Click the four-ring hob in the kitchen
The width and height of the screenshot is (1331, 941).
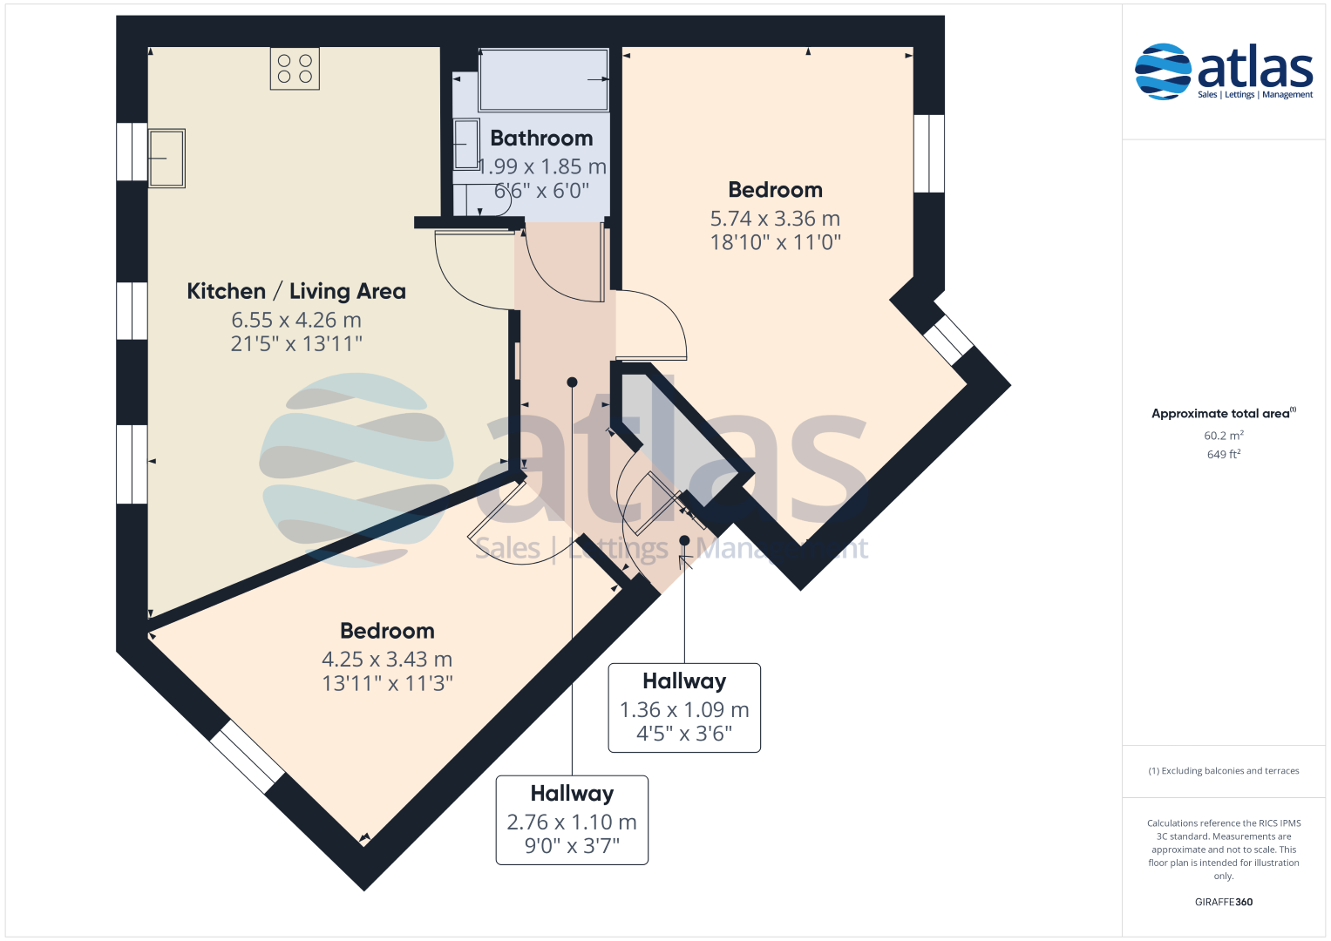coord(295,69)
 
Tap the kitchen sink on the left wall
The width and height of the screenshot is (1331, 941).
coord(166,158)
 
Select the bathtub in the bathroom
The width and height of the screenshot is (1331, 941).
coord(544,79)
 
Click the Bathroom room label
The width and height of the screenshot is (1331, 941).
coord(541,139)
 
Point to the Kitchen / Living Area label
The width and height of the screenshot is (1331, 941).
coord(296,291)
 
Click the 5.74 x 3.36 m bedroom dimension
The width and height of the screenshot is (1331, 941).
coord(776,219)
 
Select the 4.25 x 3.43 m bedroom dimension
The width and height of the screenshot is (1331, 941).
coord(387,660)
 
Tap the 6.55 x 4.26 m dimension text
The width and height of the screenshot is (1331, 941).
coord(296,321)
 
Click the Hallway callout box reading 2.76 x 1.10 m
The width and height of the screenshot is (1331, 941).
coord(572,820)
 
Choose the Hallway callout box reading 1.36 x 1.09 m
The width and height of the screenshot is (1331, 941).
coord(684,707)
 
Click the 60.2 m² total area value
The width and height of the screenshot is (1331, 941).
coord(1224,436)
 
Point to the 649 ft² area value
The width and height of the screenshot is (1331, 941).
coord(1224,455)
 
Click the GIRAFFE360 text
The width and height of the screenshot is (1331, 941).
coord(1224,902)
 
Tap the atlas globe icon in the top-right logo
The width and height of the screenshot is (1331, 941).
coord(1163,71)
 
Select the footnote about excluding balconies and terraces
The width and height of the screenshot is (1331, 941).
coord(1224,770)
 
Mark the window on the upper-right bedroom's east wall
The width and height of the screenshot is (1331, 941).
coord(928,153)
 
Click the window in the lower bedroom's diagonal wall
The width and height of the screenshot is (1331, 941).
coord(248,757)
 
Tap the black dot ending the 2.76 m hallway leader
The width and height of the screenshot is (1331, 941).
coord(572,382)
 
